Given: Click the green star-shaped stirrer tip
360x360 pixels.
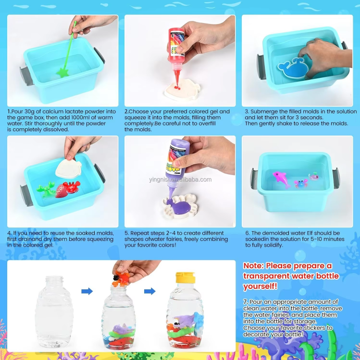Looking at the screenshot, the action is (62, 73).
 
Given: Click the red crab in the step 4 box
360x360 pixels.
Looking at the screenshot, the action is (72, 187).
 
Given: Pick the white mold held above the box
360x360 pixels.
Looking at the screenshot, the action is (68, 169).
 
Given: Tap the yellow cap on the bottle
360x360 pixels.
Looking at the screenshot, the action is (186, 278).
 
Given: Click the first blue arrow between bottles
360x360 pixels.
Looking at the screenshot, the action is (87, 291).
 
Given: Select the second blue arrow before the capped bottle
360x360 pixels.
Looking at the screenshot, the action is (149, 291).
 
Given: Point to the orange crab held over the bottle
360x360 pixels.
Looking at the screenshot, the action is (121, 279).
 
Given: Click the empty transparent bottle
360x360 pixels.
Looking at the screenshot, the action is (54, 311).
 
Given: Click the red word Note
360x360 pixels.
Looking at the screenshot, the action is (253, 266).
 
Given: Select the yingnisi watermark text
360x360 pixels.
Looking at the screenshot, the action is (180, 180).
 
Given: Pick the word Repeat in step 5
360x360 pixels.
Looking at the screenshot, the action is (139, 233).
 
